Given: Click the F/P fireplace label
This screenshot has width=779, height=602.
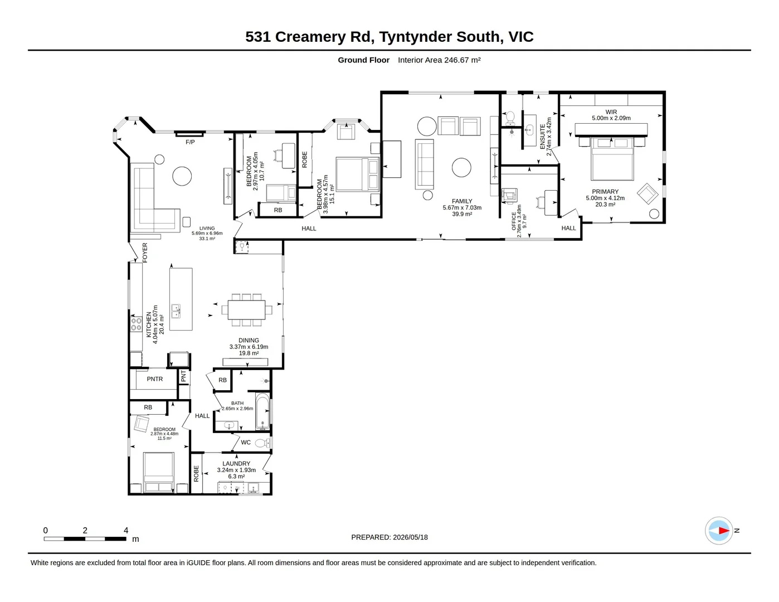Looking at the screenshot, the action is point(190,142).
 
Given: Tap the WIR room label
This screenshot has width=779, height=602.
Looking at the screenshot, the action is point(611,112).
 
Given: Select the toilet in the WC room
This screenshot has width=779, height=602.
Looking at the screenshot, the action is point(262,443).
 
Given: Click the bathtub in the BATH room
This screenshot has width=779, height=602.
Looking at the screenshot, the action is point(262,411).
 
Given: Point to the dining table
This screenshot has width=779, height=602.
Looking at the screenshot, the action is point(247,310).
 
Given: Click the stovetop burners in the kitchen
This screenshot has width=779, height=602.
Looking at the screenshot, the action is point(136,324).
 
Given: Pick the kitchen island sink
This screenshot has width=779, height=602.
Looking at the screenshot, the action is point(176,311).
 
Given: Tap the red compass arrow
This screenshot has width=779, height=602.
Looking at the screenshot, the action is point(723,531).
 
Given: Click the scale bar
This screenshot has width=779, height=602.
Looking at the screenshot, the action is point(85,539).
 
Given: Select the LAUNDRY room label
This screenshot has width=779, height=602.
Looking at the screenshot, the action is point(236,464).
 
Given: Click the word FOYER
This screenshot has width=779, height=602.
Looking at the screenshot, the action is point(145,253).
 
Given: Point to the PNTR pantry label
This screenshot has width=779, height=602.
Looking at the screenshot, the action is point(155,379).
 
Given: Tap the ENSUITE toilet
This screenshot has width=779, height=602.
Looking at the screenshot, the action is point(510,118).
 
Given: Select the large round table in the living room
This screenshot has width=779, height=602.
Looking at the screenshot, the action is point(182,176).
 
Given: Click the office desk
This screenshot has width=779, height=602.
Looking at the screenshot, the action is point(551,202).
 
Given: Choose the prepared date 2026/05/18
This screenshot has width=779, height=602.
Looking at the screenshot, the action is point(410,537).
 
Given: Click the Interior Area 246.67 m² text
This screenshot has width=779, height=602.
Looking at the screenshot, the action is point(439,60).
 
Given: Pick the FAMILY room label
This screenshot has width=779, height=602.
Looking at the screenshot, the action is point(462,201).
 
